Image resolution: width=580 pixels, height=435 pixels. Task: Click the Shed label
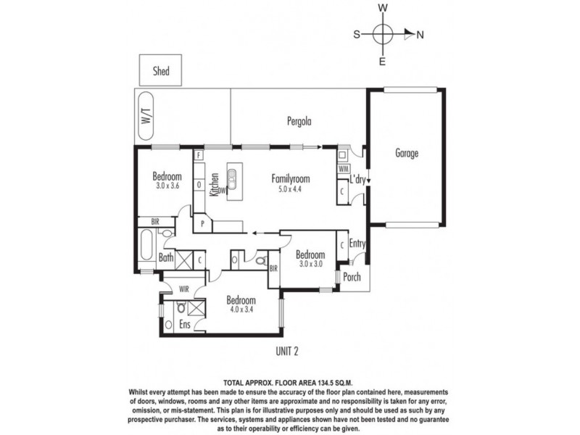pos(161,70)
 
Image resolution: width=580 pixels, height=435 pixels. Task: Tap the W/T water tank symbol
pos(146,116)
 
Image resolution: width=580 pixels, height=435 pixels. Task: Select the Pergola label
pos(299,121)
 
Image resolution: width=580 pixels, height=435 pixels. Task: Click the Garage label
pos(407,153)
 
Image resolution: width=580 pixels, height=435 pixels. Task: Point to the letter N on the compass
pos(420,35)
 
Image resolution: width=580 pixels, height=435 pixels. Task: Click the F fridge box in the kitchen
pos(199,155)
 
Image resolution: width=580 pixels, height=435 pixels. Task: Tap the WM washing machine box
pos(343,169)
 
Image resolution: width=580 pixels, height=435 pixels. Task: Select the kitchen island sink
pos(232,179)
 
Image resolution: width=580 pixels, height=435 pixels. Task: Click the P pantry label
pos(203,223)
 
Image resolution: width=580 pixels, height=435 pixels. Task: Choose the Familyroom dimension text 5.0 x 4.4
pos(291,189)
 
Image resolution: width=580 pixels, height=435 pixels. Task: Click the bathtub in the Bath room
pos(146,245)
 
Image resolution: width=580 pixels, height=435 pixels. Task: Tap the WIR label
pos(184,289)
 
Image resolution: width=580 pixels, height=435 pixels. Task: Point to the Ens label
pos(185,324)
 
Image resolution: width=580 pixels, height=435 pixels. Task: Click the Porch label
pos(352,277)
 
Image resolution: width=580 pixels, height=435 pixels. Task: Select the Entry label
pos(357,244)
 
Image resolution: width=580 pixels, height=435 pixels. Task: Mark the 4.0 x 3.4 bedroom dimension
pos(241,310)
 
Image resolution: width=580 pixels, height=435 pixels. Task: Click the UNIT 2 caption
pos(286,351)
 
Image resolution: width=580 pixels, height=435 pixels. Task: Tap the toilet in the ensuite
pos(181,307)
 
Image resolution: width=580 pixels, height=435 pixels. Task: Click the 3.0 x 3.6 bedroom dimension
pos(167,186)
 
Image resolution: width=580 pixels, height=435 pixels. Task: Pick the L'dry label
pos(357,180)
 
